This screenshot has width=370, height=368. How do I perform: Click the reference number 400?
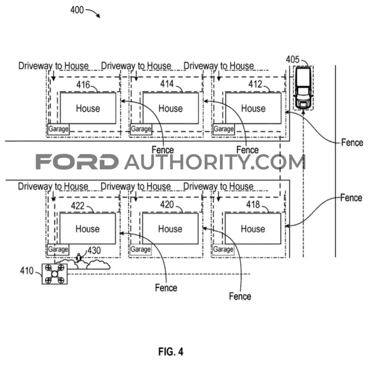(77, 10)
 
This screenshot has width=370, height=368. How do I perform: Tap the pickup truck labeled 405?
(303, 88)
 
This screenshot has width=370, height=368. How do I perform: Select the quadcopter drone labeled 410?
(55, 274)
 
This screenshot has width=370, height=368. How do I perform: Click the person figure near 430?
(79, 257)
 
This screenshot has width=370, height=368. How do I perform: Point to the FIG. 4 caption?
(171, 352)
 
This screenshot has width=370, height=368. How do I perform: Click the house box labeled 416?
(88, 108)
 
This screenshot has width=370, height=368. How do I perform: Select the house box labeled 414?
(171, 108)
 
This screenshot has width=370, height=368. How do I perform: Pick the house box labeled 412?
(254, 108)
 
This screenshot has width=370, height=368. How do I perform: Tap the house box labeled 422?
(87, 229)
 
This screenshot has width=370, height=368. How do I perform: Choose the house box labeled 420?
(170, 229)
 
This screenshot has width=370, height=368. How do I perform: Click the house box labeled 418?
(253, 229)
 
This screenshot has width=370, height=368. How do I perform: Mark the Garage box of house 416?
(58, 129)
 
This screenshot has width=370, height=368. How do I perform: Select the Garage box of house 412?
(224, 129)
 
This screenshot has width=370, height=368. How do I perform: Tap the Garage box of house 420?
(141, 250)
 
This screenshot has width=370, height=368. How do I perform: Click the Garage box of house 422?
(58, 250)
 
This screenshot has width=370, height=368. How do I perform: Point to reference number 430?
(94, 250)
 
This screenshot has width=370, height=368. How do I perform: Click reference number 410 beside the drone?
(27, 271)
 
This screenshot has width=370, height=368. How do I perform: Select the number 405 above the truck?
(293, 59)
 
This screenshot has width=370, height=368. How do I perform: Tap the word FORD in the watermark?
(77, 162)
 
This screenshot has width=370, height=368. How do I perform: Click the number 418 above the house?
(253, 205)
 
